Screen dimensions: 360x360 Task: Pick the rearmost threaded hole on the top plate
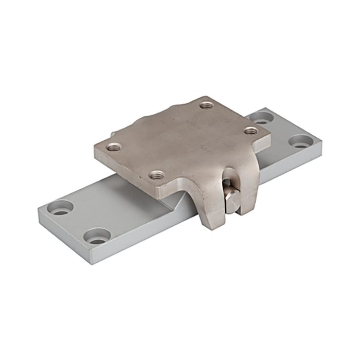tap(207, 105)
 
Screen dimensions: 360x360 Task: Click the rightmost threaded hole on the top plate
tap(250, 131)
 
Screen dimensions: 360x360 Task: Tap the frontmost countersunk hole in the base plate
tap(97, 238)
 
